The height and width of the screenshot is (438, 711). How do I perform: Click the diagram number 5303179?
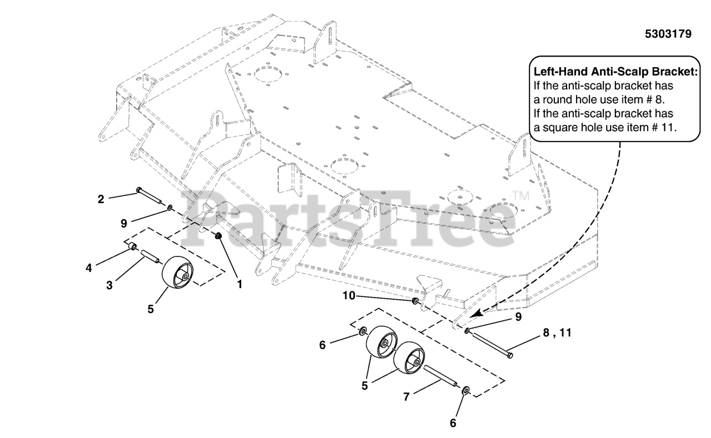[668, 34]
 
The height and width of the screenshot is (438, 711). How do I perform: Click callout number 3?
[109, 285]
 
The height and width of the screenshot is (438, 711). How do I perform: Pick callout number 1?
[239, 284]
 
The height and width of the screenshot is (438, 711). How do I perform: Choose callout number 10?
[348, 296]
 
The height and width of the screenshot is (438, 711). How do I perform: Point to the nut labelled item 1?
[219, 237]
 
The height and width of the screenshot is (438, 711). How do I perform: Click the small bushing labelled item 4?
[134, 246]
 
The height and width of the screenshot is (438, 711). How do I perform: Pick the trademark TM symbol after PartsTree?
[520, 195]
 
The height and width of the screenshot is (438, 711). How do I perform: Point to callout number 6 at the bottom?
[453, 422]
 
